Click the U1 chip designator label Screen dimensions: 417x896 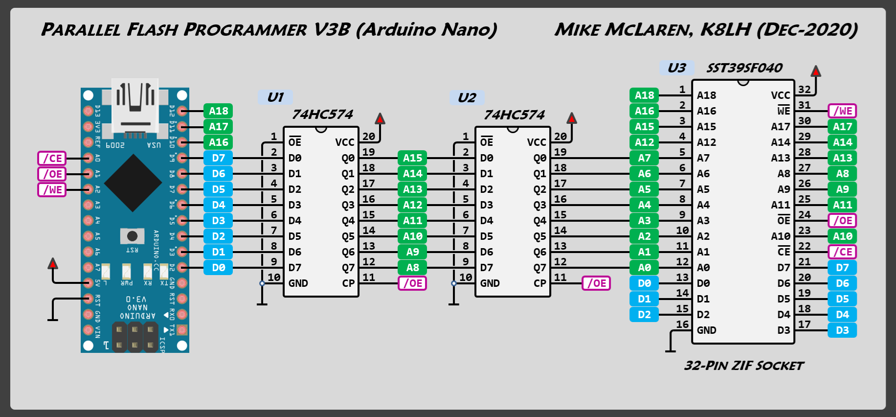tap(275, 97)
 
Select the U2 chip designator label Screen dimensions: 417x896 tap(467, 97)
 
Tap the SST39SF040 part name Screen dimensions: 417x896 tap(744, 68)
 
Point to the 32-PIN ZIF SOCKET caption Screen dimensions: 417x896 tap(743, 366)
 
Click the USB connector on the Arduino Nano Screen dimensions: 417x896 tap(135, 107)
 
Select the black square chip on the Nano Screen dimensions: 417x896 tap(133, 183)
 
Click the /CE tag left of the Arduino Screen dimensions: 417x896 tap(52, 158)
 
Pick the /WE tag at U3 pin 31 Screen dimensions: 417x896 tap(842, 111)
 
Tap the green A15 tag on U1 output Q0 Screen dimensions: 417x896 tap(412, 158)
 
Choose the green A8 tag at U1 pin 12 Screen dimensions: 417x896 tap(412, 268)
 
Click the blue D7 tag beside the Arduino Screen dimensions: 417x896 tap(218, 158)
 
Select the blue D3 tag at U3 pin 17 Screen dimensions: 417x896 tap(842, 330)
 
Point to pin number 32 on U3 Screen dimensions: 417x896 tap(805, 90)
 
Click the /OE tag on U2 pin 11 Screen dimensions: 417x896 tap(596, 283)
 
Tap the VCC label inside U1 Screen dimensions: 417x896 tap(344, 142)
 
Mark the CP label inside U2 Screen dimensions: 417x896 tap(540, 283)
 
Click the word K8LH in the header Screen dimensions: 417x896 tap(726, 30)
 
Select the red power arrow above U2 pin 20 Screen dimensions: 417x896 tap(572, 118)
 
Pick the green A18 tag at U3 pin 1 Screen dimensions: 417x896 tap(644, 95)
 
